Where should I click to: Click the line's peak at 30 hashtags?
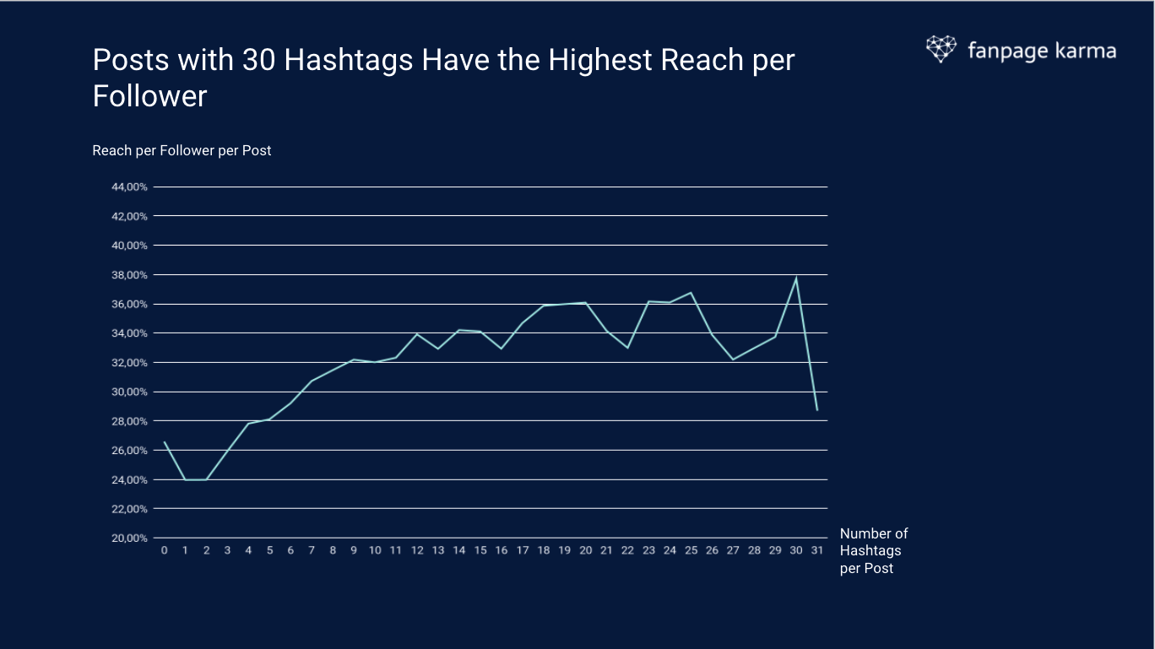pos(796,278)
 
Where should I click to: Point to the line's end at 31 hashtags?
pos(817,410)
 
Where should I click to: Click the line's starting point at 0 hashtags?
pos(165,442)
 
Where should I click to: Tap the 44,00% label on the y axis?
pos(130,187)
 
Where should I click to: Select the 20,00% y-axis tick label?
pos(130,538)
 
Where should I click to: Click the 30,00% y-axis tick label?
pos(130,392)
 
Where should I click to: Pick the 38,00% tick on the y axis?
pos(130,275)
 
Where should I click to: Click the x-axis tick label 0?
pos(165,550)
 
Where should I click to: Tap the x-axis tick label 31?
pos(817,550)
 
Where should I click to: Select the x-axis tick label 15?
pos(480,550)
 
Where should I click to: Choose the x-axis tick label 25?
pos(691,550)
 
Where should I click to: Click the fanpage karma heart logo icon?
pos(941,49)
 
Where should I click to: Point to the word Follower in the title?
pos(149,96)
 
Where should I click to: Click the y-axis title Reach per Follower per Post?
pos(182,150)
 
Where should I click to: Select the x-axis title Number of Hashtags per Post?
pos(874,550)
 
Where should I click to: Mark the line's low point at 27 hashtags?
pos(733,360)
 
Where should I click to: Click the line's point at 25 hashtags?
pos(691,293)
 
